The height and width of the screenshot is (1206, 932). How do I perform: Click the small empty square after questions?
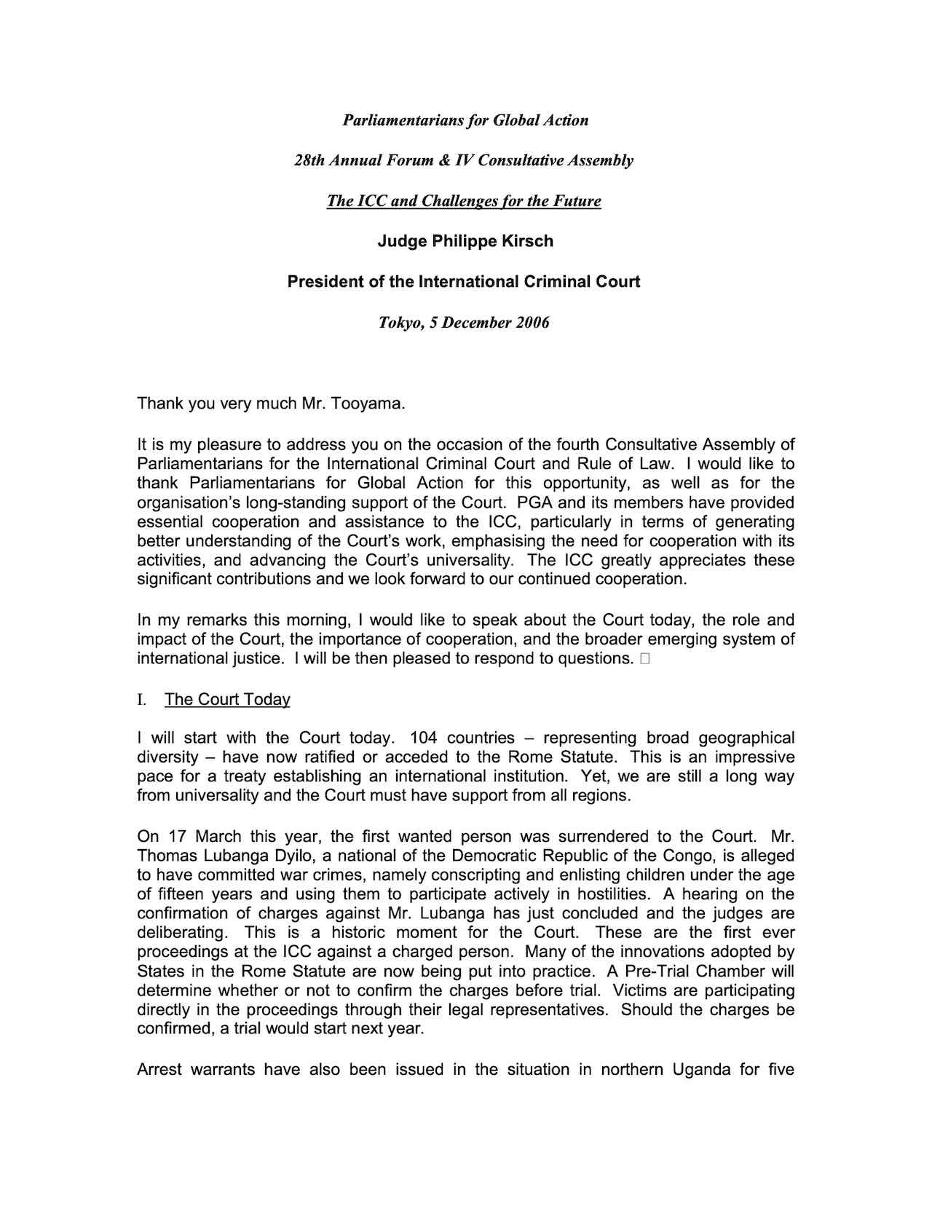pyautogui.click(x=645, y=659)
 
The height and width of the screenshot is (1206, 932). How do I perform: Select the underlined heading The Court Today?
pyautogui.click(x=227, y=700)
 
